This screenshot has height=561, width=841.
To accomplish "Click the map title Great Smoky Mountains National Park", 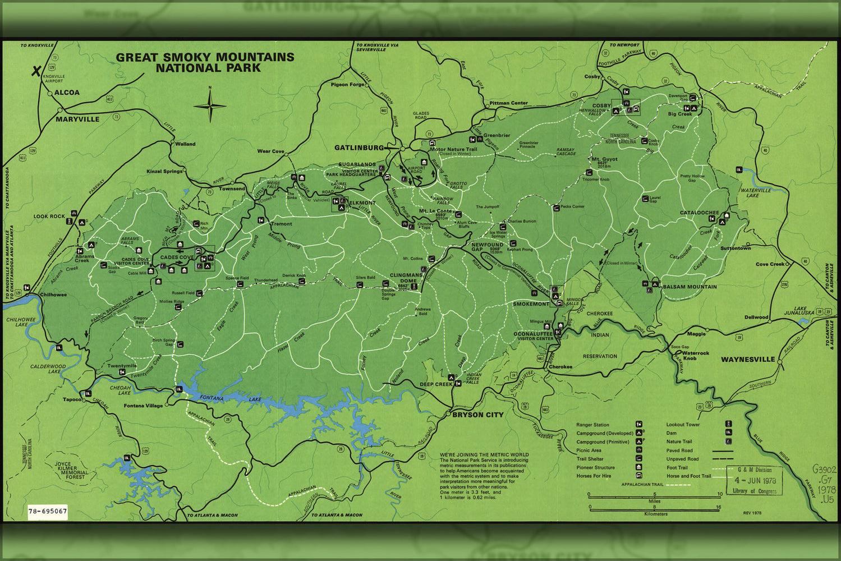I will coord(205,62).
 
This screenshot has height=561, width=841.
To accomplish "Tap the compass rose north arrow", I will coord(210,105).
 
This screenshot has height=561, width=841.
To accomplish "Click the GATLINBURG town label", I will coord(359,148).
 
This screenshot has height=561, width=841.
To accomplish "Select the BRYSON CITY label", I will coord(477,415).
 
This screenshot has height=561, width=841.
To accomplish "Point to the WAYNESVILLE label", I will coord(747,359).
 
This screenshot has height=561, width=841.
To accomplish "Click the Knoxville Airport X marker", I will coord(36,71).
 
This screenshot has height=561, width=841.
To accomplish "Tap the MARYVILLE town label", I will coord(77,119).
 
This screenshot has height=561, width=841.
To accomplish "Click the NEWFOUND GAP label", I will coord(487,247).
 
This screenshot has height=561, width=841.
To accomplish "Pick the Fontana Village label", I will coord(143,406).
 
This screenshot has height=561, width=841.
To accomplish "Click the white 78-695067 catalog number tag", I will coord(48,511).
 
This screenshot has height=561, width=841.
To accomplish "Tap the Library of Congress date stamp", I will coord(755,480).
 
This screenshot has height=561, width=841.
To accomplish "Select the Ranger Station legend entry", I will coord(592,425).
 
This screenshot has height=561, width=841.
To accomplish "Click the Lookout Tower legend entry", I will coord(683,425).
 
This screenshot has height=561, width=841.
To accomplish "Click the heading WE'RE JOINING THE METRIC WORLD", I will coord(484,454).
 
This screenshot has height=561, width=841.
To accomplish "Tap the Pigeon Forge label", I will coord(347,84).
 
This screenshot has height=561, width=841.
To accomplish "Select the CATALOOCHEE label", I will coord(699,213).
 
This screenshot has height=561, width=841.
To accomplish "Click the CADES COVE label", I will coord(177,257).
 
